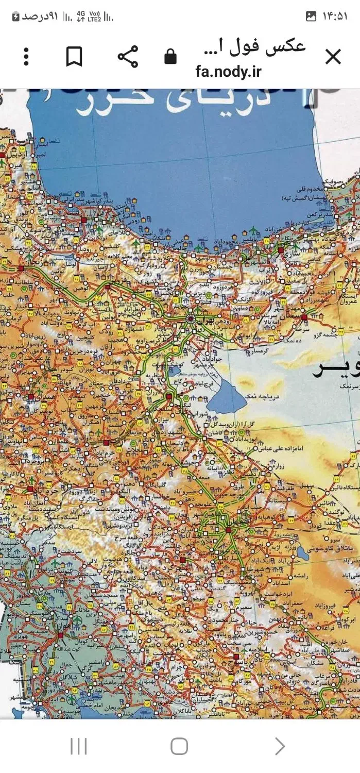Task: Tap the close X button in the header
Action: tap(333, 57)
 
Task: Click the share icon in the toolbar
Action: tap(128, 57)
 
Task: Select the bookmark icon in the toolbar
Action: tap(74, 57)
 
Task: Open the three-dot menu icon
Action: tap(26, 57)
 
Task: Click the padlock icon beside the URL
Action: tap(170, 57)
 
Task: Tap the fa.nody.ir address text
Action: tap(228, 71)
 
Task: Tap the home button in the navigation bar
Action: tap(179, 746)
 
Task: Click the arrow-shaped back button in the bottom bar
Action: tap(280, 746)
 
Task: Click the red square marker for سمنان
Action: tap(304, 317)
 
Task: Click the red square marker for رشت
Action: tap(83, 220)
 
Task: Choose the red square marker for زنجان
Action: tap(21, 268)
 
